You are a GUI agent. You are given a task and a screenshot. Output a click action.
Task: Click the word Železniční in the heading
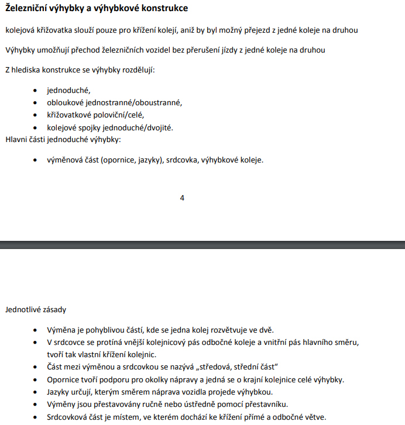pyautogui.click(x=26, y=9)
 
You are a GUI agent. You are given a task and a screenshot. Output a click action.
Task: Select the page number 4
pyautogui.click(x=182, y=198)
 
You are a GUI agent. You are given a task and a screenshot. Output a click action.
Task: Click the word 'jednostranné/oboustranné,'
pyautogui.click(x=139, y=102)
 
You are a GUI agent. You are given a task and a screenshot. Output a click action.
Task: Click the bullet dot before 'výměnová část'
pyautogui.click(x=36, y=159)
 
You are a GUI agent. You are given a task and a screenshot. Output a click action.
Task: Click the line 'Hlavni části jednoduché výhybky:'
pyautogui.click(x=63, y=139)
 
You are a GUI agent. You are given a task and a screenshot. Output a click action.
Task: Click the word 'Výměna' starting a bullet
pyautogui.click(x=61, y=330)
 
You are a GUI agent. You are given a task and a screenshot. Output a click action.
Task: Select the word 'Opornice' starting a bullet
pyautogui.click(x=63, y=379)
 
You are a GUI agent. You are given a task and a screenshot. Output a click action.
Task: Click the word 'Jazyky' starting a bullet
pyautogui.click(x=59, y=391)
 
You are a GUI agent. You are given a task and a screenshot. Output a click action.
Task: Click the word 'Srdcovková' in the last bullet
pyautogui.click(x=68, y=416)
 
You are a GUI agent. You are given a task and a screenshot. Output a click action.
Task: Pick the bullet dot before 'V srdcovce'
pyautogui.click(x=36, y=342)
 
